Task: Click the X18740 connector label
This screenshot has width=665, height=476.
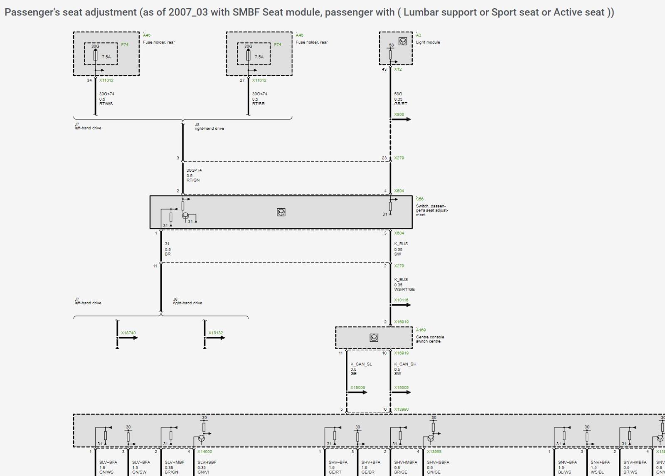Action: (128, 333)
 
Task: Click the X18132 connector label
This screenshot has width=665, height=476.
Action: (216, 333)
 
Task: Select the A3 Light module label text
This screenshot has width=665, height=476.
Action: (428, 42)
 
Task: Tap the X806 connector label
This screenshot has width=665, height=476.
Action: (399, 114)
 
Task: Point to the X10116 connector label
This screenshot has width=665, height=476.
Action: (401, 300)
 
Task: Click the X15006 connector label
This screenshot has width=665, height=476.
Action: (357, 387)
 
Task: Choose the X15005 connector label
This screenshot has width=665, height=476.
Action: (401, 387)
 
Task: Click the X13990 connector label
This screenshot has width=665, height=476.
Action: (401, 409)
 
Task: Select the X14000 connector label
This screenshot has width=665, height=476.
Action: (204, 451)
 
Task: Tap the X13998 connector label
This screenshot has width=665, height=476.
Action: (434, 451)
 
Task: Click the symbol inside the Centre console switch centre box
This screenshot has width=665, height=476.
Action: (374, 338)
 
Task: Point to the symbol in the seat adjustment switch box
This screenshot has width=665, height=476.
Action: (281, 212)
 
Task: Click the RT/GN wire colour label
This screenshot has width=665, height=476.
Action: (193, 180)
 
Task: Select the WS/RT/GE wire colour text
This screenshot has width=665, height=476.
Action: (404, 289)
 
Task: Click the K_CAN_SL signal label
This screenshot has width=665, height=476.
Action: (361, 364)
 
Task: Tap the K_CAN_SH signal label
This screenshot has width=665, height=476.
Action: (405, 364)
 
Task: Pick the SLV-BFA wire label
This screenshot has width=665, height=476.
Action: (108, 462)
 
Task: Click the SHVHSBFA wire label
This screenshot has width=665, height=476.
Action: (438, 462)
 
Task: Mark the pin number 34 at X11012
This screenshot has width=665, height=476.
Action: (89, 80)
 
